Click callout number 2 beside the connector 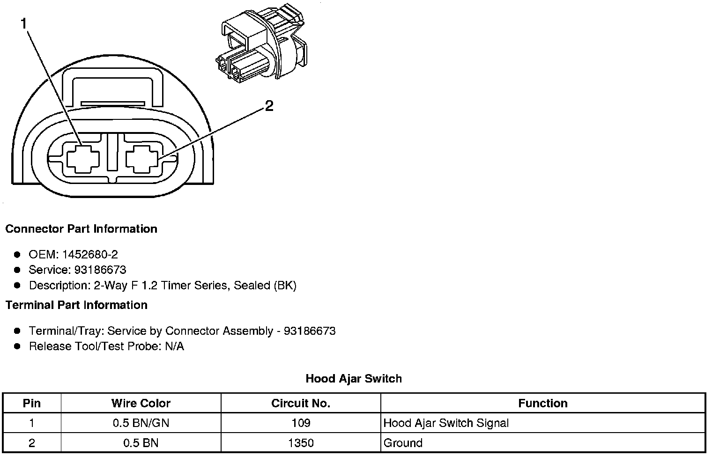pos(269,107)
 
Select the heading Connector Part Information pos(81,229)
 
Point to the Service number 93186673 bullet pos(77,270)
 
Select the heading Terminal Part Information pos(76,305)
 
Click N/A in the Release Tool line pos(174,346)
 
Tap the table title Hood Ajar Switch pos(354,378)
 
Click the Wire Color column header pos(141,404)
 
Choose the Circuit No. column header pos(301,404)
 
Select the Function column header pos(543,404)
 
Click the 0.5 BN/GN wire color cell pos(141,424)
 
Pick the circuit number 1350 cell pos(301,443)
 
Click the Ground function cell pos(403,443)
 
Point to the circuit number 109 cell pos(301,424)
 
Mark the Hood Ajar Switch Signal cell pos(446,424)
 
